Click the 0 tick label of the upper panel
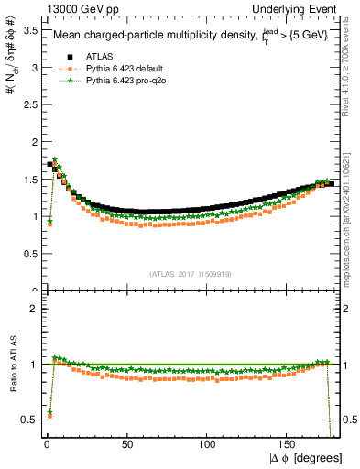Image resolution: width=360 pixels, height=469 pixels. (33, 291)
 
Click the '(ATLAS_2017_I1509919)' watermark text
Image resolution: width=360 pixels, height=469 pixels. (189, 273)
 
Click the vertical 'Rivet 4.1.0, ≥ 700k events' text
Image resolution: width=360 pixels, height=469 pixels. (351, 73)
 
